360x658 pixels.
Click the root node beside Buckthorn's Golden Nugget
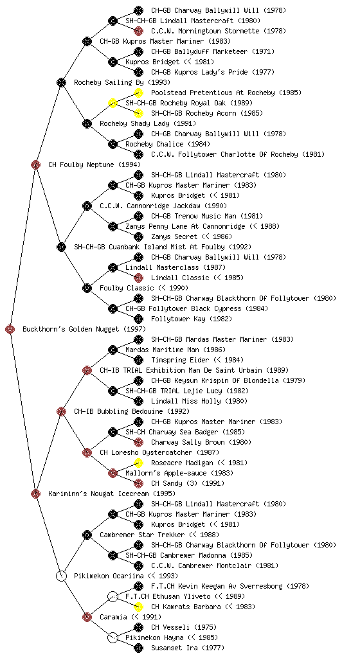[x=10, y=330]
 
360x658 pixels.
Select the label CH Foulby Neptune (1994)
[x=94, y=165]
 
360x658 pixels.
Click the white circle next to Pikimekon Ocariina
[x=61, y=576]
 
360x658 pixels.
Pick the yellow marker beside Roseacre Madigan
[x=138, y=463]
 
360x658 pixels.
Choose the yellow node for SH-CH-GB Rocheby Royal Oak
[x=113, y=103]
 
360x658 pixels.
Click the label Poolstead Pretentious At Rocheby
[x=213, y=93]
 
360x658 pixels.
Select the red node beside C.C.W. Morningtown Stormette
[x=138, y=31]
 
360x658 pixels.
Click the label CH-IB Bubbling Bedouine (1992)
[x=132, y=412]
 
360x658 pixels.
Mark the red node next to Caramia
[x=87, y=618]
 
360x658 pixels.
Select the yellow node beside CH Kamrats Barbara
[x=138, y=607]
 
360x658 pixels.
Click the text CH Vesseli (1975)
[x=184, y=627]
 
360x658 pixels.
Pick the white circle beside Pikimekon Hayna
[x=113, y=638]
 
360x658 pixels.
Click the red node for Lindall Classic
[x=138, y=278]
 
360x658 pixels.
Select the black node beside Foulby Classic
[x=87, y=289]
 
